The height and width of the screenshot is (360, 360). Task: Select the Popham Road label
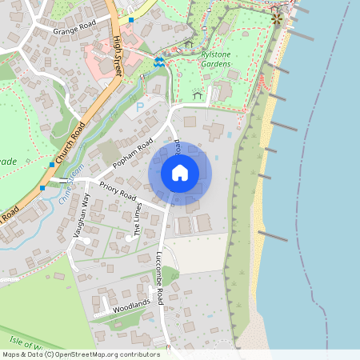click(x=132, y=154)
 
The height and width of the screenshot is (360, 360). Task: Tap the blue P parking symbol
click(x=141, y=106)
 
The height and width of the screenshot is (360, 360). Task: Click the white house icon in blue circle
click(x=180, y=172)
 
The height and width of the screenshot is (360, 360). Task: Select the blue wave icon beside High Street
click(x=159, y=61)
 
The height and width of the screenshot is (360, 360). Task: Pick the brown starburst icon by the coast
click(x=277, y=18)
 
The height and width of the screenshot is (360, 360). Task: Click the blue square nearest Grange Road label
click(x=131, y=18)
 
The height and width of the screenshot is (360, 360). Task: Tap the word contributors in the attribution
click(x=137, y=354)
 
